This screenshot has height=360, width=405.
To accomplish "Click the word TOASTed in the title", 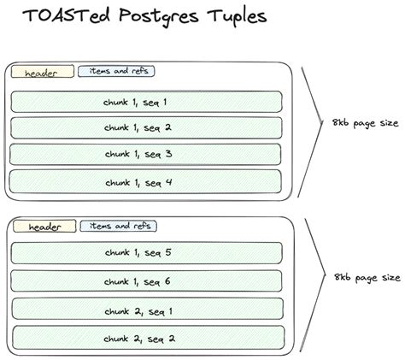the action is pos(67,15).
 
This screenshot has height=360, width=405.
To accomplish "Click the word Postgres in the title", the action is pos(159,17).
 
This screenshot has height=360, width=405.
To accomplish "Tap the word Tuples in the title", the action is pos(237,17).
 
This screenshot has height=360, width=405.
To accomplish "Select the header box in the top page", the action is pos(43,72).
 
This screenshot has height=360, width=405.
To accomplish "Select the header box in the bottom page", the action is pos(44,226).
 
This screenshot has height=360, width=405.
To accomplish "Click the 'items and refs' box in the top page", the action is pos(116,71).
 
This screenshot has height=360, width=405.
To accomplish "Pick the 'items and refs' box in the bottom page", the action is pos(119,226).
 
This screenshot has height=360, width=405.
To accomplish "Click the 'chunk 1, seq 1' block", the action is pos(146,102).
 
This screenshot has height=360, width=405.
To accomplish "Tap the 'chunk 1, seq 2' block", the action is pos(146,127).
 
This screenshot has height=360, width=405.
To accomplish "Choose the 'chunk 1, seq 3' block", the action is pos(145,154).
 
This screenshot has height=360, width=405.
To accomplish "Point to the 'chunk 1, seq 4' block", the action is pos(145,182).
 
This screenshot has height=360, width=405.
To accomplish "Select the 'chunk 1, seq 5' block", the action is pos(147,253).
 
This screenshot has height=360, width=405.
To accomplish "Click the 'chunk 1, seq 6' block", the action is pos(146,281).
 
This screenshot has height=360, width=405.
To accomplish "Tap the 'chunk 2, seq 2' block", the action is pos(149,338).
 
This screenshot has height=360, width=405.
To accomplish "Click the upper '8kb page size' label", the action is pos(366,123).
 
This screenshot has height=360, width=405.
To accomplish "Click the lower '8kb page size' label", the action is pos(367,278).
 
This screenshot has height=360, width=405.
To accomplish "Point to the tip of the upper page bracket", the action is pos(322,123).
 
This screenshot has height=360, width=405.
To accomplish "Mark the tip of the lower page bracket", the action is pos(326,275).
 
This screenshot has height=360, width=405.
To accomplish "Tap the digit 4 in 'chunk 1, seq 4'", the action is pos(169,182).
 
